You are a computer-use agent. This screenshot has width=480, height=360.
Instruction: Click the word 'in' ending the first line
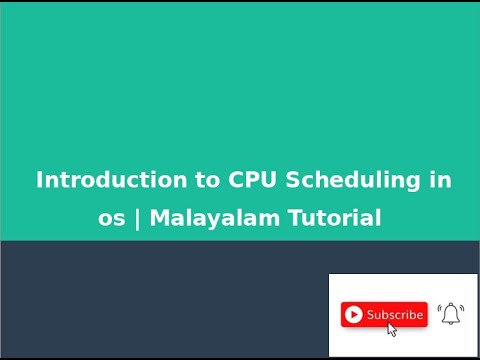pyautogui.click(x=441, y=181)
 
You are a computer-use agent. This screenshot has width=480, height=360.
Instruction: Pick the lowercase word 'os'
pyautogui.click(x=111, y=219)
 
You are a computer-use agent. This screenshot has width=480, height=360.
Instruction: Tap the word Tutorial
pyautogui.click(x=336, y=219)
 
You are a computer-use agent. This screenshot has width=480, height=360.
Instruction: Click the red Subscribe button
pyautogui.click(x=384, y=314)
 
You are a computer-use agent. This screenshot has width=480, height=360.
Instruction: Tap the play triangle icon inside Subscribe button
pyautogui.click(x=353, y=315)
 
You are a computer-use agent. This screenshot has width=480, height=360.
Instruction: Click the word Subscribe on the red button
pyautogui.click(x=395, y=314)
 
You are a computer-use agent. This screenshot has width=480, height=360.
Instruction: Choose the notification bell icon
pyautogui.click(x=451, y=314)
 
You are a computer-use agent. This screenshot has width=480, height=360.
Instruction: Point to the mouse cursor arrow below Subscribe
pyautogui.click(x=392, y=330)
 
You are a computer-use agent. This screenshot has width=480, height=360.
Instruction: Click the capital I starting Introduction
pyautogui.click(x=39, y=181)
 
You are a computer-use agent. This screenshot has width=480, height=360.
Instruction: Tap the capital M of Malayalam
pyautogui.click(x=159, y=219)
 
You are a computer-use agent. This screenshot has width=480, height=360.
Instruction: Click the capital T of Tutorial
pyautogui.click(x=295, y=219)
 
